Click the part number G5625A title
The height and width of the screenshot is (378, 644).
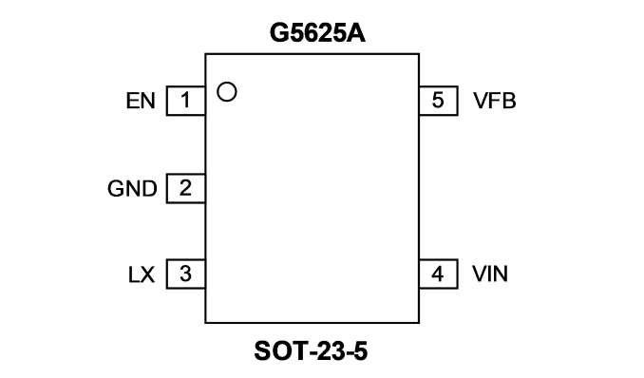pyautogui.click(x=317, y=33)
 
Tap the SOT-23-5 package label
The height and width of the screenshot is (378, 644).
pyautogui.click(x=311, y=351)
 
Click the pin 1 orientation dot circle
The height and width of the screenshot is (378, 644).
pyautogui.click(x=227, y=91)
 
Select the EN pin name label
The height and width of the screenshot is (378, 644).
pyautogui.click(x=141, y=101)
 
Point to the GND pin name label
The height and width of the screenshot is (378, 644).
pyautogui.click(x=132, y=189)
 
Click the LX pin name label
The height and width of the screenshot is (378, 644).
pyautogui.click(x=142, y=274)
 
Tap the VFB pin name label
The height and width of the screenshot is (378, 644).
pyautogui.click(x=495, y=101)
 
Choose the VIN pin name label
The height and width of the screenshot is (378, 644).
pyautogui.click(x=490, y=274)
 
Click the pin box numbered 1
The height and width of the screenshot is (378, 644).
pyautogui.click(x=185, y=101)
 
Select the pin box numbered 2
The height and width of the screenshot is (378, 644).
pyautogui.click(x=185, y=189)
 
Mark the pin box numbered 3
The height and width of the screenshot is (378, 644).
pyautogui.click(x=185, y=274)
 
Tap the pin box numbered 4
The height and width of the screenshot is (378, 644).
pyautogui.click(x=438, y=274)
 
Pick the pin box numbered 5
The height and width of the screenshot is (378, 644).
pyautogui.click(x=438, y=101)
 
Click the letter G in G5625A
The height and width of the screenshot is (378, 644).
pyautogui.click(x=279, y=33)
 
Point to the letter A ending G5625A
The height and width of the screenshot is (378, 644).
pyautogui.click(x=355, y=33)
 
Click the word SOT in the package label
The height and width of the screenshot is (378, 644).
pyautogui.click(x=280, y=351)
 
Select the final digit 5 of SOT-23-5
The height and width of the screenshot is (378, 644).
pyautogui.click(x=360, y=351)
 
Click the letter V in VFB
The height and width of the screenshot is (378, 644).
pyautogui.click(x=481, y=101)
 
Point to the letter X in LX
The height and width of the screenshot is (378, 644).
pyautogui.click(x=148, y=274)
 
